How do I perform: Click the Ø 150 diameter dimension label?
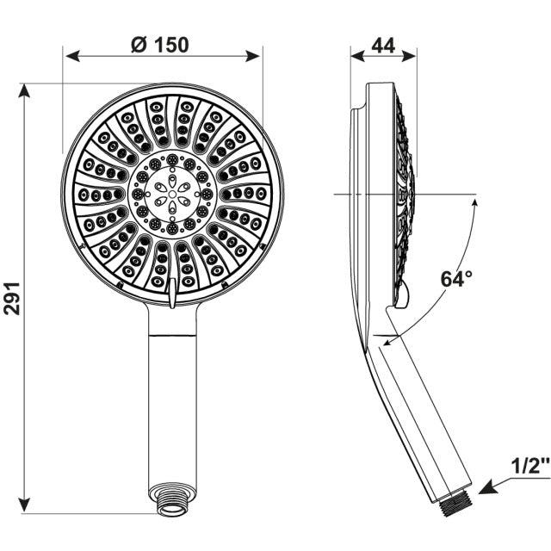pyautogui.click(x=160, y=44)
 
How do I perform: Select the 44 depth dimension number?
pyautogui.click(x=384, y=46)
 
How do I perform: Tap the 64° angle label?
pyautogui.click(x=457, y=279)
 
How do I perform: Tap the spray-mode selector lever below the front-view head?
pyautogui.click(x=174, y=294)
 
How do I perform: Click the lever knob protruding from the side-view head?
pyautogui.click(x=402, y=297)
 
